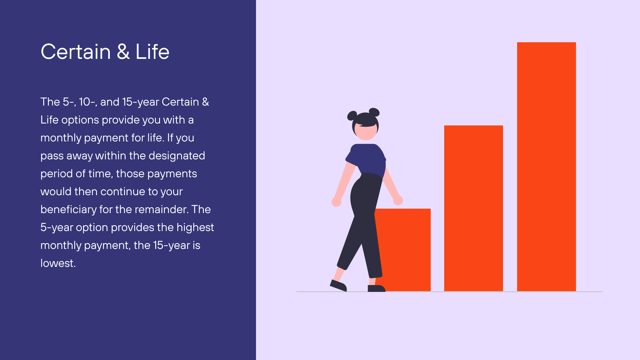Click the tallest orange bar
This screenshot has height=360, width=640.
pos(546,166)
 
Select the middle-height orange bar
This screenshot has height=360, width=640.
pos(473,208)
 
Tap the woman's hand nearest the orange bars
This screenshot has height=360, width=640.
pos(398,200)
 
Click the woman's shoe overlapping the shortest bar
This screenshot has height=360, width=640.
pos(376,288)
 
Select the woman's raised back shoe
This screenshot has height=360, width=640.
pos(338,285)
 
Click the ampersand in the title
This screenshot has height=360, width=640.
pos(123,52)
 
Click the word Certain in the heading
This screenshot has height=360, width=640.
pos(76,52)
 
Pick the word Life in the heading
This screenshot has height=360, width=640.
pos(152,52)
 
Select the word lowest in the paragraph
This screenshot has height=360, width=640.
pos(58,263)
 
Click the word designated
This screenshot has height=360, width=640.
pos(177,156)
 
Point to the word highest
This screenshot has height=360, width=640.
pos(195,228)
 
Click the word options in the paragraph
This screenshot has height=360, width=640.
pos(80,120)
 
